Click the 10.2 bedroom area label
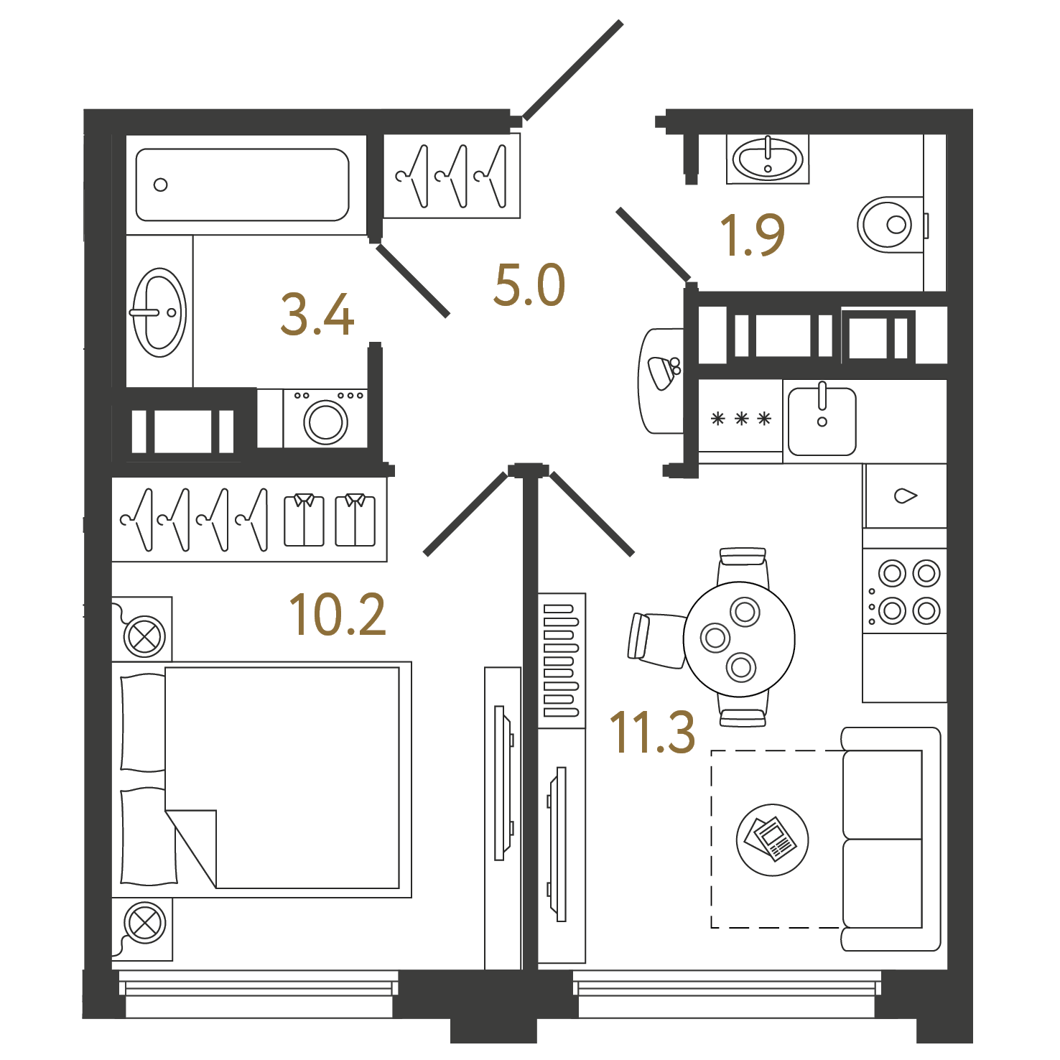pyautogui.click(x=338, y=615)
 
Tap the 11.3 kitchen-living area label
pyautogui.click(x=652, y=732)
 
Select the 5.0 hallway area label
pyautogui.click(x=529, y=284)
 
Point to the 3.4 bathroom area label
pyautogui.click(x=317, y=315)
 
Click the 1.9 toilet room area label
pyautogui.click(x=752, y=235)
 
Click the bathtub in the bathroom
pyautogui.click(x=243, y=185)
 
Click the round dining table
pyautogui.click(x=739, y=639)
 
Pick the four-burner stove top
pyautogui.click(x=905, y=592)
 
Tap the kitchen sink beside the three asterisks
pyautogui.click(x=822, y=422)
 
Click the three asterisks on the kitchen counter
pyautogui.click(x=740, y=419)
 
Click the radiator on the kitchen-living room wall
pyautogui.click(x=562, y=661)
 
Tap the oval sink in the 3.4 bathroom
pyautogui.click(x=159, y=312)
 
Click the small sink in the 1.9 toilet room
pyautogui.click(x=768, y=159)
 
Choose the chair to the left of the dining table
pyautogui.click(x=656, y=639)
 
